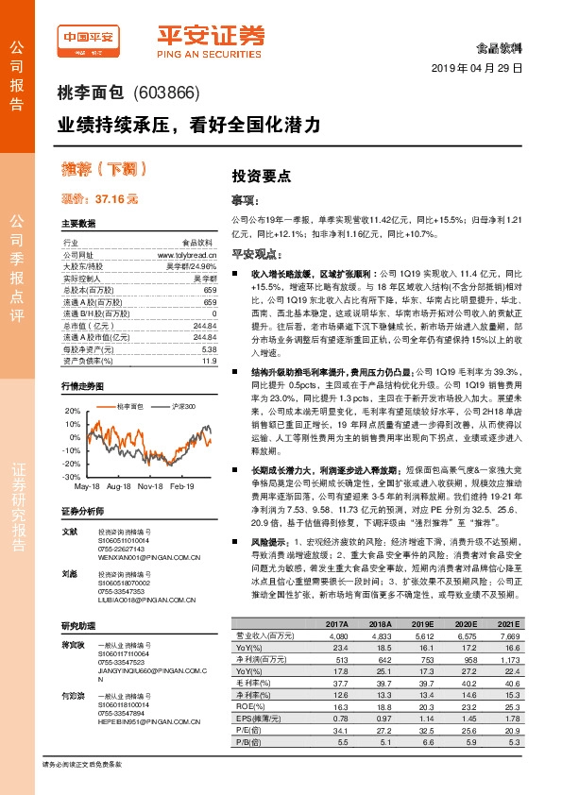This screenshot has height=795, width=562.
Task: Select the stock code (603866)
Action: tap(169, 93)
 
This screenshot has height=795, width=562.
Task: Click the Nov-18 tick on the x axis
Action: tap(151, 486)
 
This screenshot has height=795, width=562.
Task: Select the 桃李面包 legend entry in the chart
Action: tap(128, 406)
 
